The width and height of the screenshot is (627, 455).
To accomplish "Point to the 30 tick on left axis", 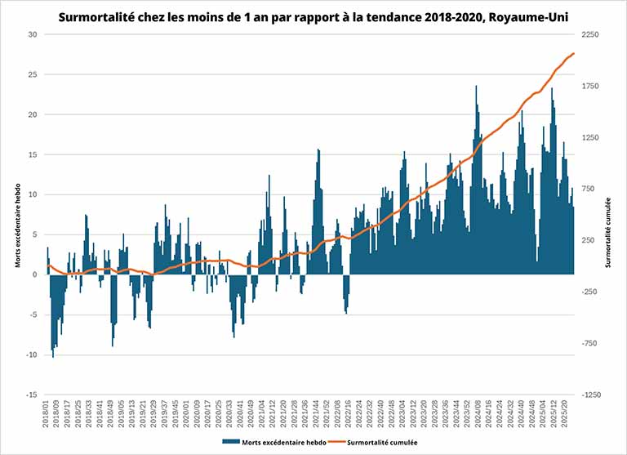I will click(33, 34).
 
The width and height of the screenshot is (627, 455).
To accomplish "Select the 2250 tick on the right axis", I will click(592, 34).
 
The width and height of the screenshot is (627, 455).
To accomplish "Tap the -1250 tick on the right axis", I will click(592, 395).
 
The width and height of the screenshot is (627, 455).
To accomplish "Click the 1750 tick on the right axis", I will click(592, 86).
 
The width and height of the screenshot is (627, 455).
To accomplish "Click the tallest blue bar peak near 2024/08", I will click(476, 87).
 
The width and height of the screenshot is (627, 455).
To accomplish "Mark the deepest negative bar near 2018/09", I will click(53, 356).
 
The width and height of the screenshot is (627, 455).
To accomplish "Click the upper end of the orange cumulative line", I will click(574, 53).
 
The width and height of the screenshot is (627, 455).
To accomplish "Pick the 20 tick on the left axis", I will click(33, 114).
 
